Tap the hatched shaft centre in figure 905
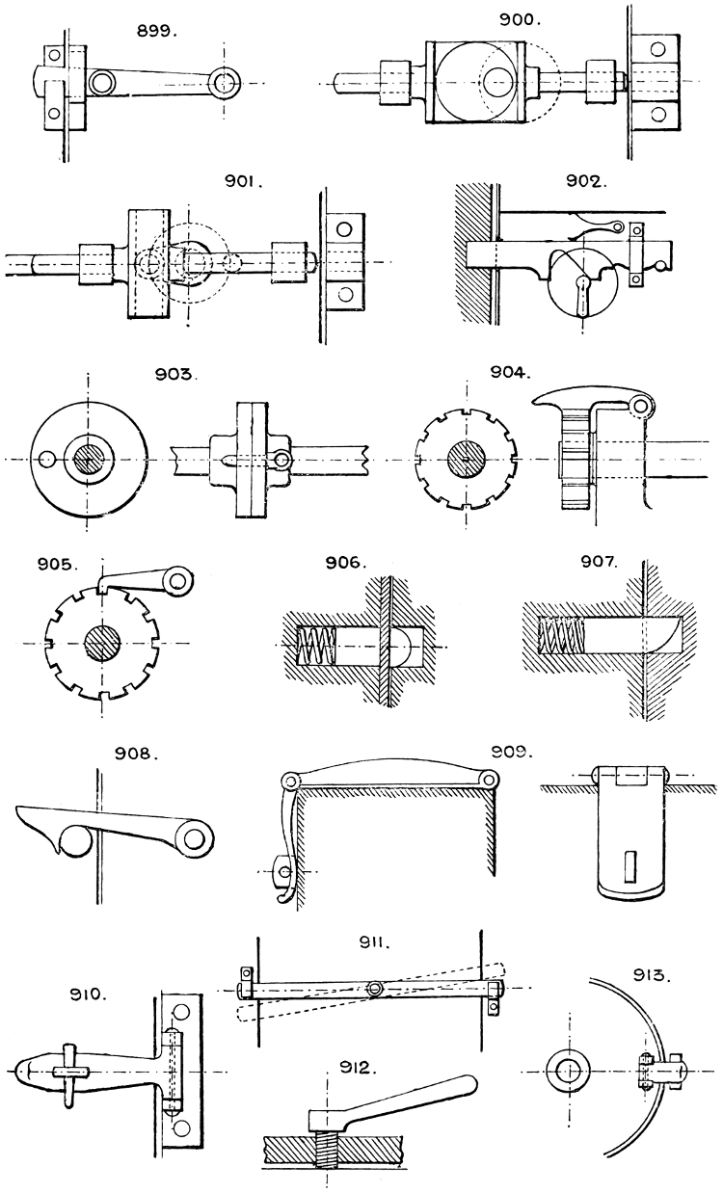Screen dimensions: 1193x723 (100, 641)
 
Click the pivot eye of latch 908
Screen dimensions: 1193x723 (195, 839)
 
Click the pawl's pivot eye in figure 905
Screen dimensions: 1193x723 (177, 580)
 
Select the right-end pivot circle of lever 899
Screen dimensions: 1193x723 (227, 85)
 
